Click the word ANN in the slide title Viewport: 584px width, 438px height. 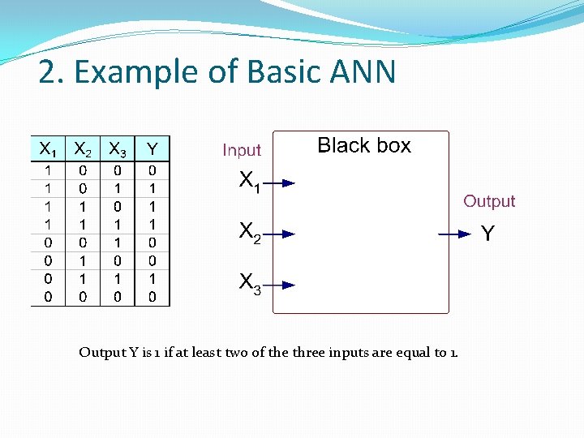coord(363,72)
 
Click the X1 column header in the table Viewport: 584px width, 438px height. coord(48,149)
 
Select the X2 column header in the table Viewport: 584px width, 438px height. coord(82,149)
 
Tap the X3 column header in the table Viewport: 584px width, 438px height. coord(117,149)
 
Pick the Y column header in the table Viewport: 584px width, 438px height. coord(152,149)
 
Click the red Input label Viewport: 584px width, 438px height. coord(242,150)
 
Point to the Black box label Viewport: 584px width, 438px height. coord(364,146)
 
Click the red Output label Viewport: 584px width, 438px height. coord(489,201)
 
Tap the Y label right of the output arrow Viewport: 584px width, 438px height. coord(487,234)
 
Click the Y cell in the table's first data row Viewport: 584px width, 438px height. coord(152,170)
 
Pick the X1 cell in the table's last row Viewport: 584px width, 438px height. coord(48,297)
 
